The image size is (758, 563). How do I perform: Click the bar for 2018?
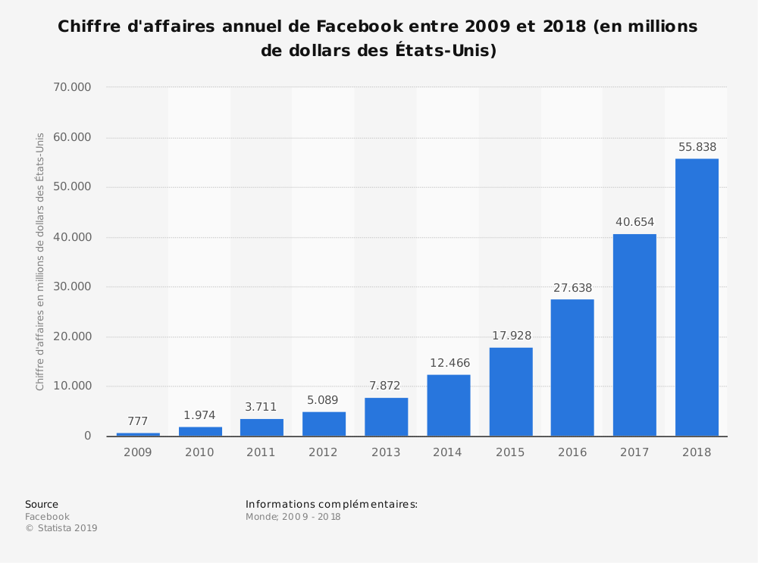697,297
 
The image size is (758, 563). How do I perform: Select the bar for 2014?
449,405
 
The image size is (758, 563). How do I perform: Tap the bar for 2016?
572,368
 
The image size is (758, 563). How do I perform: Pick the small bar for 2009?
138,434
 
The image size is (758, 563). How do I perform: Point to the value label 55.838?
697,148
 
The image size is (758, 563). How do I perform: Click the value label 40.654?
634,223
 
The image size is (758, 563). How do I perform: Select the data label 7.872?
385,386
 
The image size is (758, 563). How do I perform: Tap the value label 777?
138,422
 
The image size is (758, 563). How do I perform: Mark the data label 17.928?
511,336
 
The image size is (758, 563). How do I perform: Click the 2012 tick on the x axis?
324,452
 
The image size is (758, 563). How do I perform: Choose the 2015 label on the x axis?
510,452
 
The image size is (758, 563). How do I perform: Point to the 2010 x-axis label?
199,452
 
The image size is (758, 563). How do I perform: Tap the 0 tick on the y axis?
88,436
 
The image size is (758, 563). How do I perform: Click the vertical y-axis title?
40,261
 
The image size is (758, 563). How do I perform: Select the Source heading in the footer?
42,505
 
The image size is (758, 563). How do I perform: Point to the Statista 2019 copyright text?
61,528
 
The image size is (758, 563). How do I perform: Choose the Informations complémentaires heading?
331,505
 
